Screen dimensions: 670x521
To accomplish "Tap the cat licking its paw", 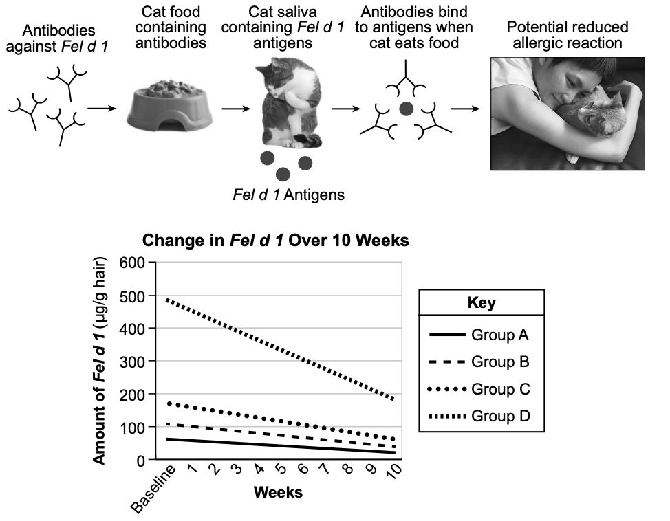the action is (290, 103).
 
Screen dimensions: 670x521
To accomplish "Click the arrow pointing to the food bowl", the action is (102, 109).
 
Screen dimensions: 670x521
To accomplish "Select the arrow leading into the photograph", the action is (465, 109).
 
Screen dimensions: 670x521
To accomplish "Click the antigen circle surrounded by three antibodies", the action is (406, 109).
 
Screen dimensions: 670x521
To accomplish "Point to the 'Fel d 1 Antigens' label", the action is (288, 195).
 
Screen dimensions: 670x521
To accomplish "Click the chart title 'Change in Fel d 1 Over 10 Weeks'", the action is (276, 241).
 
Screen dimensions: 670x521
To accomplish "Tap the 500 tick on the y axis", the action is (132, 296).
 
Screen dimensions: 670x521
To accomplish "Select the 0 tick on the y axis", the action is (140, 461).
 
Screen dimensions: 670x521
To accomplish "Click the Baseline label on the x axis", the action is (153, 489).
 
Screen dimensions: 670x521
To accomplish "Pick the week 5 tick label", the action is (280, 469).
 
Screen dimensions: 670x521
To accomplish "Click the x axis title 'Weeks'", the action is (278, 492).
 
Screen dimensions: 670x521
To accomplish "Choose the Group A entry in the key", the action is (479, 335).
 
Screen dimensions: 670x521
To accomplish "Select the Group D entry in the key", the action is (479, 416).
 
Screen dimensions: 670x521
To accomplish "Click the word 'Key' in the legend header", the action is (482, 302).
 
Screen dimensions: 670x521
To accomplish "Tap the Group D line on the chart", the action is (280, 349).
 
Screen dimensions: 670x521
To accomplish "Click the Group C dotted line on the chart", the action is (280, 421).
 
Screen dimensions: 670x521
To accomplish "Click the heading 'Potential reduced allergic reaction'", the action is (568, 35).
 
